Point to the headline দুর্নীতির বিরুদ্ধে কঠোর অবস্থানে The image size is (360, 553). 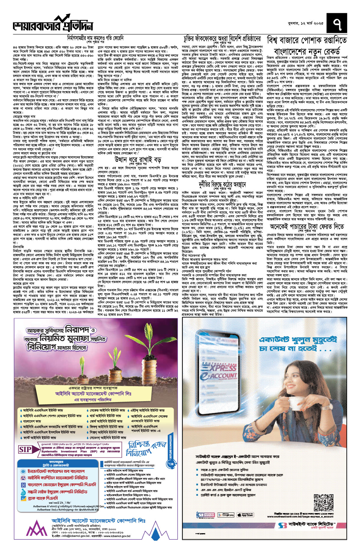[x=222, y=184]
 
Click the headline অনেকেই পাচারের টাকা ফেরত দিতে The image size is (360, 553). [x=307, y=226]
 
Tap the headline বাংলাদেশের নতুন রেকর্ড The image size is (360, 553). [x=307, y=51]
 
